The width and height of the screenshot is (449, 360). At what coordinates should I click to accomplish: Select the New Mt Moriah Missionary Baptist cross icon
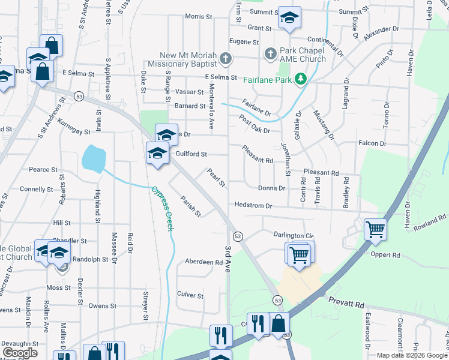pos(226,59)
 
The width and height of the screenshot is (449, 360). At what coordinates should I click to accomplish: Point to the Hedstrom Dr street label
pos(253,205)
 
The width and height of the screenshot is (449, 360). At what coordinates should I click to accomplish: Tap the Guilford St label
pos(191,154)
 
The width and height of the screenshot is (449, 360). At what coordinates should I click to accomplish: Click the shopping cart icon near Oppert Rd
pos(375,228)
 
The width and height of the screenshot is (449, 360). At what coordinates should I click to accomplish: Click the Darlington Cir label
pos(294,235)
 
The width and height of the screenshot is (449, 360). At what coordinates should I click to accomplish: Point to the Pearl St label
pos(215,177)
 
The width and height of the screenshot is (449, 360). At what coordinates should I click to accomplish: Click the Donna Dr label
pos(270,188)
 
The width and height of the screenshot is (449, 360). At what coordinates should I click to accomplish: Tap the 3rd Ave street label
pos(228,259)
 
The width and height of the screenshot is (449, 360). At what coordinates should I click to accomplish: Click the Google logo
pos(20,353)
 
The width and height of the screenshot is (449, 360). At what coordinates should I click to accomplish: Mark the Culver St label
pos(191,294)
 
